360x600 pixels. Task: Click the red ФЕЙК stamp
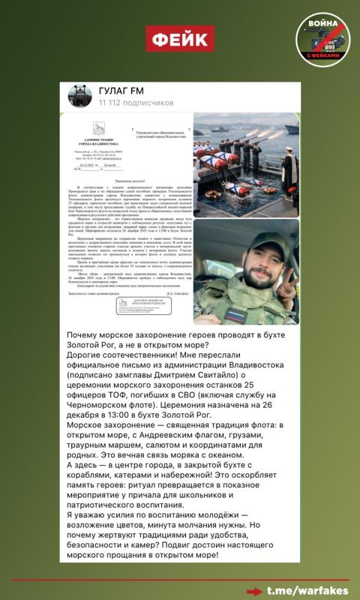coord(179,38)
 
